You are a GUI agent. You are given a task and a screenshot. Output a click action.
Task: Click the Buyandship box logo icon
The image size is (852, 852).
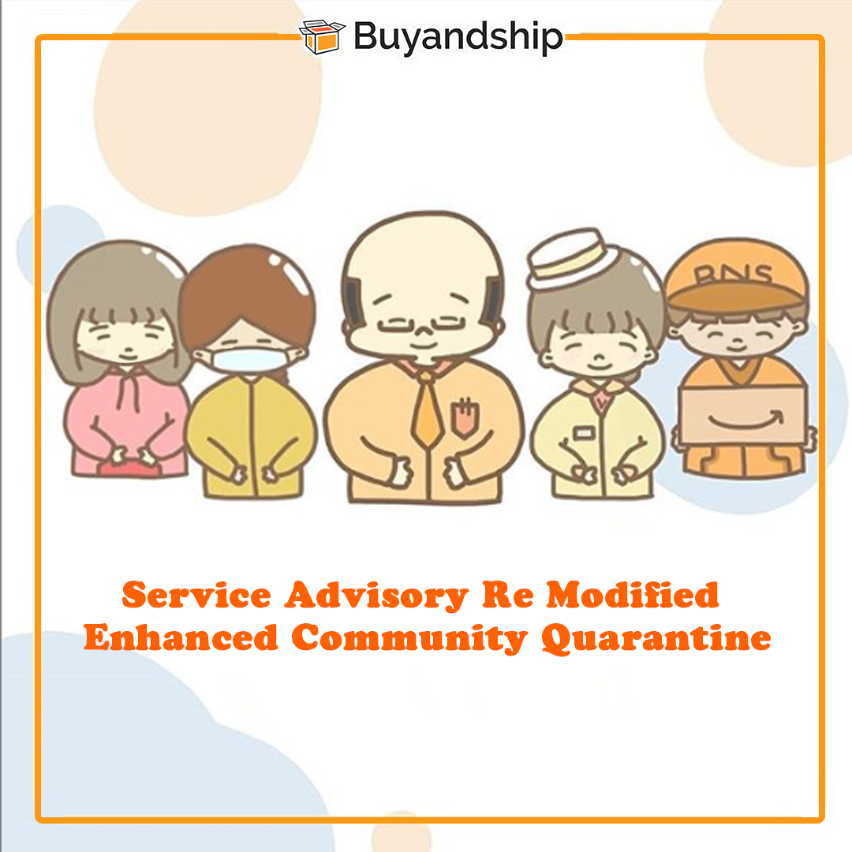[x=322, y=36]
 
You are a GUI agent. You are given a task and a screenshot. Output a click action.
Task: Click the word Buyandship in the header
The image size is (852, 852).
[x=458, y=38]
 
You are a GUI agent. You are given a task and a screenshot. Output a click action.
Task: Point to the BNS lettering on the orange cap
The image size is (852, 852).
[x=733, y=275]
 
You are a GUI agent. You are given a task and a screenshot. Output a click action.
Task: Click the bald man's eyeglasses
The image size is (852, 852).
[x=420, y=326]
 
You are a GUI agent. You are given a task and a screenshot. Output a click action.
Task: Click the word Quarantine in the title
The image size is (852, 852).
[x=656, y=638]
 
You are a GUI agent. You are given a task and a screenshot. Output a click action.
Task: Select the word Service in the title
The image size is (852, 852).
[x=196, y=595]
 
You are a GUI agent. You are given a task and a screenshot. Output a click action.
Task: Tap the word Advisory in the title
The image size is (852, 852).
[x=376, y=596]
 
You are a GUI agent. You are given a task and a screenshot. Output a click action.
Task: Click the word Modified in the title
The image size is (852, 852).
[x=633, y=595]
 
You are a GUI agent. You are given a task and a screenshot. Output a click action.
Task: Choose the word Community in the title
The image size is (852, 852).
[x=409, y=638]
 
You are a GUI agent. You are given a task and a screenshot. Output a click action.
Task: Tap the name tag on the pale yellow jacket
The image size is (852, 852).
[x=584, y=433]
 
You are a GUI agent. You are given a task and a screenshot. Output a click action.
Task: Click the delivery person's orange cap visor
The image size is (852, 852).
[x=734, y=297]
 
